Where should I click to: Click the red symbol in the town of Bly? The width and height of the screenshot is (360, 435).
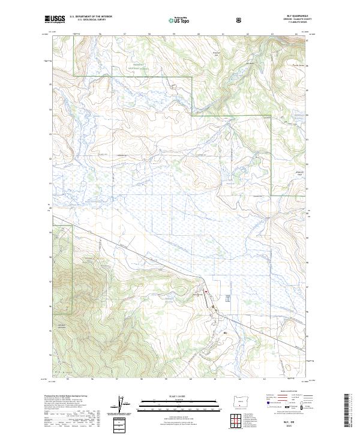(206, 292)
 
